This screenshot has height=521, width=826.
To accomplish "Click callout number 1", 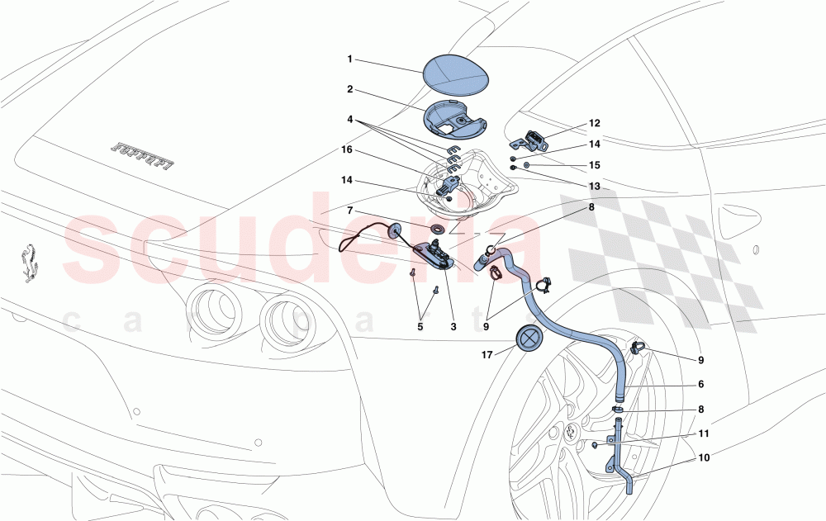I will pyautogui.click(x=349, y=59).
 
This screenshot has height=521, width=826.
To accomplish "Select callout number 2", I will pyautogui.click(x=349, y=89).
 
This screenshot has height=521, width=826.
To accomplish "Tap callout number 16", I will pyautogui.click(x=346, y=150).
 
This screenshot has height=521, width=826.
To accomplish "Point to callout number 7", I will pyautogui.click(x=349, y=211).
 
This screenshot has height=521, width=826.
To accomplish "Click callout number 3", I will pyautogui.click(x=453, y=327).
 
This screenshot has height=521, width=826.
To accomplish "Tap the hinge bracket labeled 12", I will pyautogui.click(x=534, y=139).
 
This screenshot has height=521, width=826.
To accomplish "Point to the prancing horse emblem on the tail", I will pyautogui.click(x=31, y=262).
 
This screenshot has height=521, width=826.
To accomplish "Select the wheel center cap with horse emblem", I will pyautogui.click(x=570, y=433).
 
